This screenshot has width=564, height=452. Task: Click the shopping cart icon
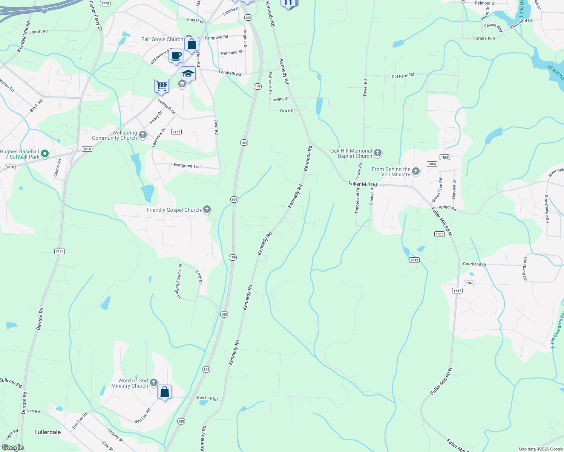click(x=161, y=86)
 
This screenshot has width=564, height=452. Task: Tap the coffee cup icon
click(x=176, y=56)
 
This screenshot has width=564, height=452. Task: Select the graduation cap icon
click(x=188, y=73)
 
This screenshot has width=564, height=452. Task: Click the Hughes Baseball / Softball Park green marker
click(x=45, y=153)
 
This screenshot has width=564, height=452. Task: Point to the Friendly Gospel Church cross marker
click(x=207, y=209)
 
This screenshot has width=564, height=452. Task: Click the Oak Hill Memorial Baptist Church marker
click(x=378, y=153)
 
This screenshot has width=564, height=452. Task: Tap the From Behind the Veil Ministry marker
click(x=416, y=171)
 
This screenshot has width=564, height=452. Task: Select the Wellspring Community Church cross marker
click(x=143, y=134)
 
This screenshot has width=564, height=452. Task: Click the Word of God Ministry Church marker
click(x=154, y=383)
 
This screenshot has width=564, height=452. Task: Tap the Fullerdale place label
click(x=48, y=432)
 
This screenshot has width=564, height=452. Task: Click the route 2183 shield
click(x=60, y=251)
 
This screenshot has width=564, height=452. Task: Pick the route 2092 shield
click(x=414, y=260)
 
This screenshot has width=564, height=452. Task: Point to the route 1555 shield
click(x=440, y=234)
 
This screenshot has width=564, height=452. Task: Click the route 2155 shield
click(x=176, y=132)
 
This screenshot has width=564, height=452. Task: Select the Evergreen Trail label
click(x=187, y=166)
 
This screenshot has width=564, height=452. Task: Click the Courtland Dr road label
click(x=474, y=264)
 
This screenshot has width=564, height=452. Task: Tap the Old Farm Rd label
click(x=403, y=76)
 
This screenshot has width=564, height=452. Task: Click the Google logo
click(x=12, y=447)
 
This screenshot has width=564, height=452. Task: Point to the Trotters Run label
click(x=483, y=38)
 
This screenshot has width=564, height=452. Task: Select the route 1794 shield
click(x=469, y=283)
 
